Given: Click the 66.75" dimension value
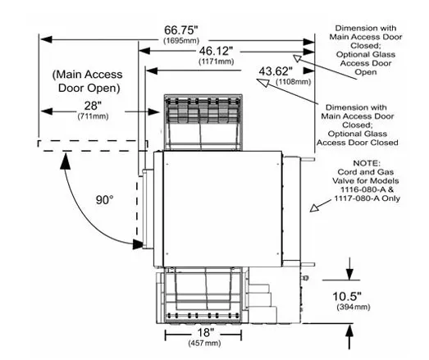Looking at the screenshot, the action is tap(181, 30).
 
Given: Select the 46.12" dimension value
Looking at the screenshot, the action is tap(217, 51).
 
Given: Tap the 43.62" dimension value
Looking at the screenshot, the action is tap(276, 71).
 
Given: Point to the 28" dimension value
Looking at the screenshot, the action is tap(93, 106).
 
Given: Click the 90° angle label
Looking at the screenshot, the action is tap(104, 200).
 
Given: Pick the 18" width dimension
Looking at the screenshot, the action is tap(205, 333).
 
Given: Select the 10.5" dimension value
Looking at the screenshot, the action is tap(347, 296).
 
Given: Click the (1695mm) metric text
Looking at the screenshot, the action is tap(181, 40).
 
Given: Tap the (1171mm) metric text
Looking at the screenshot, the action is tap(217, 62).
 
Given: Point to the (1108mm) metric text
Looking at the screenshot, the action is tap(294, 81).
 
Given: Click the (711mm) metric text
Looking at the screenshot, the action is tap(93, 116).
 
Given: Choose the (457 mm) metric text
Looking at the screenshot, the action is tap(204, 343).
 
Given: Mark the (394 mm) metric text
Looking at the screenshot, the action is tap(354, 307).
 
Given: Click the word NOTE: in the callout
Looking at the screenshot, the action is tap(367, 163).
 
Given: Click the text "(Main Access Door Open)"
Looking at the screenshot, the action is tap(88, 81).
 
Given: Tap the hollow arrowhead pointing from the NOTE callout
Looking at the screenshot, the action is tap(315, 208).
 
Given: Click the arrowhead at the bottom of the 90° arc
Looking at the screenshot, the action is tap(138, 244).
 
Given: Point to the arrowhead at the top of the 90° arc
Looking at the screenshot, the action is tap(65, 162).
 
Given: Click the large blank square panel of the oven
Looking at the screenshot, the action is tap(222, 209).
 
